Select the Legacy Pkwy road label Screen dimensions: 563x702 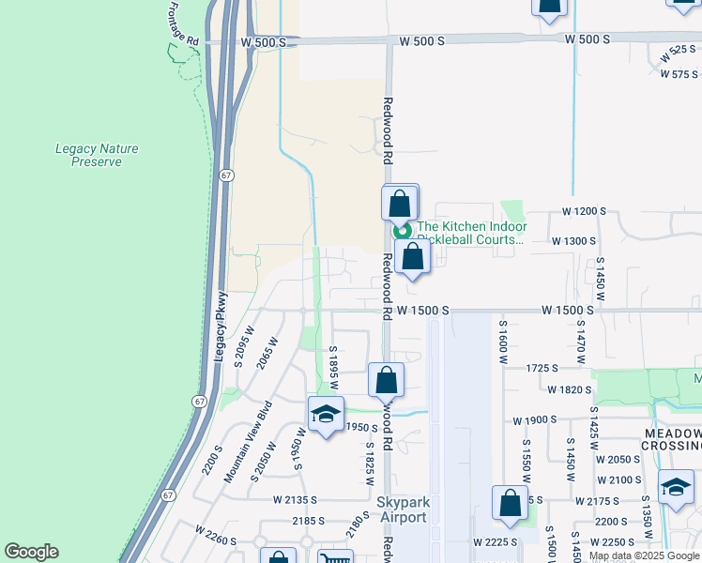221,327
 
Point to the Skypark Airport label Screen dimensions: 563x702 402,510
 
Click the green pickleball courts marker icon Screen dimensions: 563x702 403,231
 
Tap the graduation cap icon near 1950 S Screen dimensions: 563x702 325,414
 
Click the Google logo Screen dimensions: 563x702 31,552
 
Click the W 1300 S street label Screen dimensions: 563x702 574,241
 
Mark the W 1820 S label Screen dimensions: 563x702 570,389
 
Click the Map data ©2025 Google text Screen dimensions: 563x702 644,555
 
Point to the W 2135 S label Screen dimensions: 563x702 298,501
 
